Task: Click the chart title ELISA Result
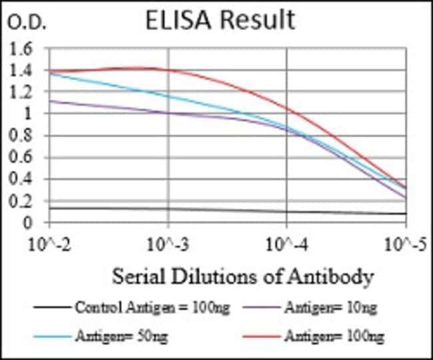[x=219, y=20]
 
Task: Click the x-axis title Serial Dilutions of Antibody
[x=242, y=275]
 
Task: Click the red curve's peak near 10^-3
[x=143, y=67]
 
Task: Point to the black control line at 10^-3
[x=169, y=210]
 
